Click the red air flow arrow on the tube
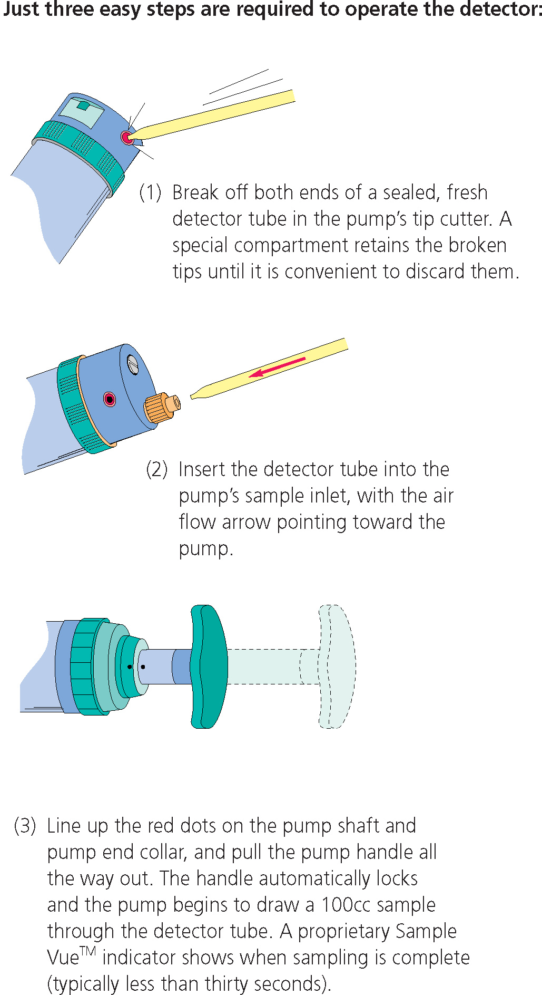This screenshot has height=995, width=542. click(277, 367)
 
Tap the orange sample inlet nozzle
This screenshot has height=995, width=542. click(162, 407)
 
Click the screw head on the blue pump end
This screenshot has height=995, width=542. click(133, 365)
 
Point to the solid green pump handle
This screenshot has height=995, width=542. click(209, 666)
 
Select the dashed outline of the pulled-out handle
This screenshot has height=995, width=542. click(337, 666)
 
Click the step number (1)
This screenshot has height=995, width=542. click(150, 192)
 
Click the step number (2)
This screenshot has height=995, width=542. click(156, 469)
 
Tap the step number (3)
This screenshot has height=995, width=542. click(25, 825)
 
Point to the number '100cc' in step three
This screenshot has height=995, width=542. click(346, 904)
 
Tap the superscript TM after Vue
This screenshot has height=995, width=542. click(88, 951)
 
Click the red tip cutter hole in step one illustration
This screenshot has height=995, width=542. click(127, 138)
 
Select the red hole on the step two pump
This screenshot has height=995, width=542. click(110, 399)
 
